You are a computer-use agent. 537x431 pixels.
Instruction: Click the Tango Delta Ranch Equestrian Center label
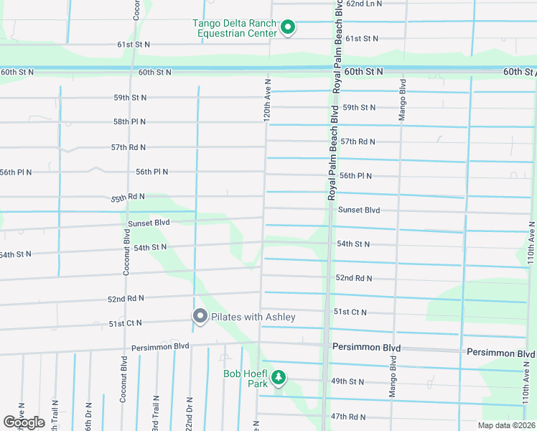(234, 28)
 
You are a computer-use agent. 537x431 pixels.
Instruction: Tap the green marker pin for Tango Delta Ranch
(288, 28)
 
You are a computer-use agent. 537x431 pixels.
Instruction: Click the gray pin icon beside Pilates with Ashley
(200, 316)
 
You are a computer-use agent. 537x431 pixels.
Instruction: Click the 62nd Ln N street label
(365, 4)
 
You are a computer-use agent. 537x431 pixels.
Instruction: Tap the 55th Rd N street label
(128, 197)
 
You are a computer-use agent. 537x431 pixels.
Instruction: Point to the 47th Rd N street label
(348, 417)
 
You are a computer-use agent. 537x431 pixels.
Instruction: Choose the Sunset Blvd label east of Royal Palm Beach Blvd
(358, 210)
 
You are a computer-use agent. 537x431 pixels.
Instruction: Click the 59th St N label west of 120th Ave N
(129, 98)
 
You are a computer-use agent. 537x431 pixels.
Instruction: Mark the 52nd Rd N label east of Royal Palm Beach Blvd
(353, 278)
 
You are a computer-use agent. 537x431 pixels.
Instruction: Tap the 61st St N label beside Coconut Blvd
(134, 45)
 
